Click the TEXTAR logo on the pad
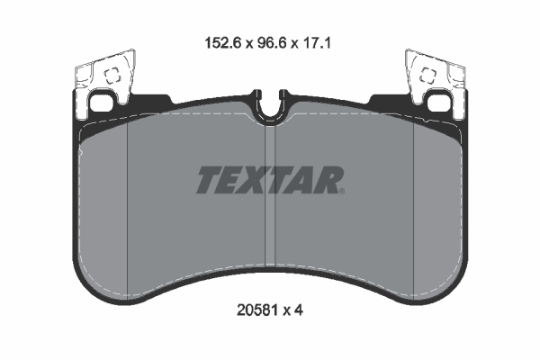(269, 180)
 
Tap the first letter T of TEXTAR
(206, 180)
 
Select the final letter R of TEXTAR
(328, 180)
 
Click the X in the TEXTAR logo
(256, 180)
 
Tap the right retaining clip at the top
(435, 81)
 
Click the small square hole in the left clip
(113, 77)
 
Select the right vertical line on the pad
(411, 207)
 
